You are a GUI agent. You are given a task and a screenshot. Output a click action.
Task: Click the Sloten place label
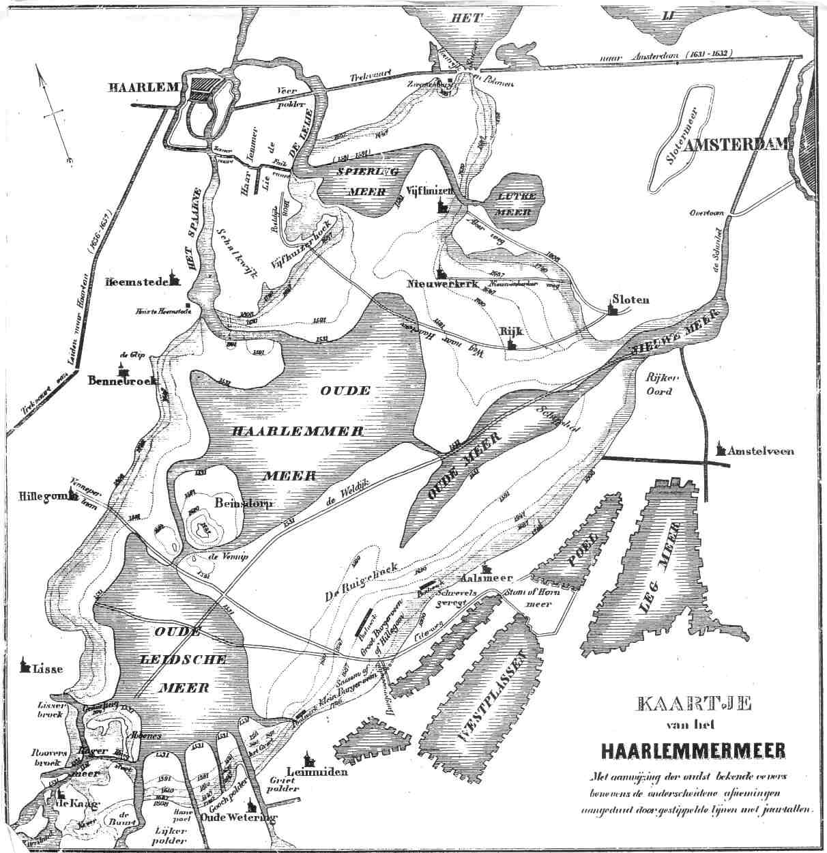631,300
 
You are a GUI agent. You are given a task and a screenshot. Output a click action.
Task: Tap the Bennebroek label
123,381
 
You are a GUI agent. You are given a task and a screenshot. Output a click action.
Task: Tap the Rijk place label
511,331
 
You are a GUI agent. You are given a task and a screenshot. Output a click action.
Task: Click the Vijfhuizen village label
429,191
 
